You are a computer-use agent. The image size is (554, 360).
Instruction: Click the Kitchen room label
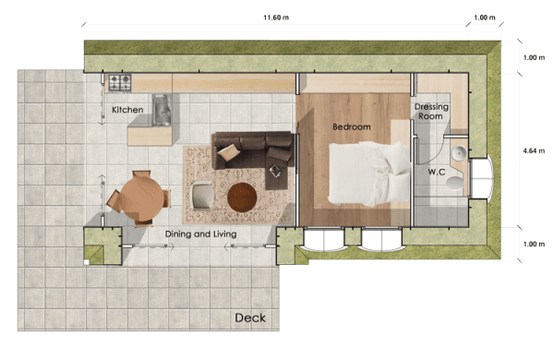(127, 110)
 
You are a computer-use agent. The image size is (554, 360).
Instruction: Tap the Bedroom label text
(352, 126)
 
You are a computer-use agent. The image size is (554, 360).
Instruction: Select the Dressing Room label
(431, 112)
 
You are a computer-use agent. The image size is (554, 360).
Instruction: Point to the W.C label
(437, 172)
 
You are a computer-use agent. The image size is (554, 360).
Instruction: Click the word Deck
(250, 318)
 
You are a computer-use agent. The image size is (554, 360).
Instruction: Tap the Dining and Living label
(200, 234)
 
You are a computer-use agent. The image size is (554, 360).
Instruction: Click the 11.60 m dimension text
(276, 18)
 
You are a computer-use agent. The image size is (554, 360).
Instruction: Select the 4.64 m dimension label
(534, 150)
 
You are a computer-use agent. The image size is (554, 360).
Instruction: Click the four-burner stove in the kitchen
(120, 83)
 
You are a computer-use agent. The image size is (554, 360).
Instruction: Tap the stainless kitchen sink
(162, 110)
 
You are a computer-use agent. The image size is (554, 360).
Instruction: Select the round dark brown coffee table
(242, 198)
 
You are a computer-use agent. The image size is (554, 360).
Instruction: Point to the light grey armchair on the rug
(201, 195)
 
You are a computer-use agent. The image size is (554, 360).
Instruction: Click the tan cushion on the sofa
(228, 152)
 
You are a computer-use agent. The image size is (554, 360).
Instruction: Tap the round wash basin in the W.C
(459, 153)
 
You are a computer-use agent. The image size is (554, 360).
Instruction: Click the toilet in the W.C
(454, 184)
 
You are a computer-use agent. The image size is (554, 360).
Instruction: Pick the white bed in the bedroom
(369, 174)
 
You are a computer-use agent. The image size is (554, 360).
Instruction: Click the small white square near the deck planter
(86, 262)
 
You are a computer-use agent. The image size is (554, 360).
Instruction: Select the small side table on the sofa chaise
(275, 172)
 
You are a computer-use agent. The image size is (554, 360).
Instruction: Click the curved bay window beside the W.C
(481, 178)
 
